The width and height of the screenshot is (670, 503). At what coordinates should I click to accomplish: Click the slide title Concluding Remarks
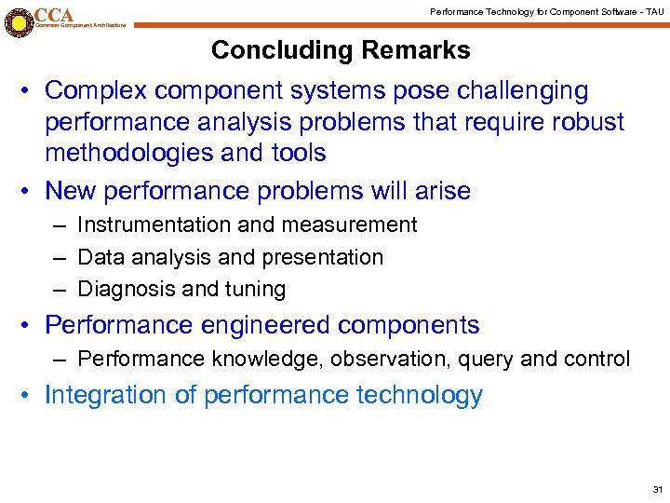pos(341,50)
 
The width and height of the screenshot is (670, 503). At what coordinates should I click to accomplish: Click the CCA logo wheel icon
pos(18,21)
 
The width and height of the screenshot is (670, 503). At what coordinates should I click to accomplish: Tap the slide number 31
pos(658,489)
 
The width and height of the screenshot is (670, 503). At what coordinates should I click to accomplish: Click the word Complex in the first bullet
pos(97,91)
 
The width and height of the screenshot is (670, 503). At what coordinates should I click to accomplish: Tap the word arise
pos(441,191)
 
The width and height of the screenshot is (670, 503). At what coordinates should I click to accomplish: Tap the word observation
pos(402,359)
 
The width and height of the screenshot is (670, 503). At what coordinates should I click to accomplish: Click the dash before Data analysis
pos(60,257)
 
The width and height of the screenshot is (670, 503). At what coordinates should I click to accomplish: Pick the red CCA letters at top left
pos(54,15)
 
